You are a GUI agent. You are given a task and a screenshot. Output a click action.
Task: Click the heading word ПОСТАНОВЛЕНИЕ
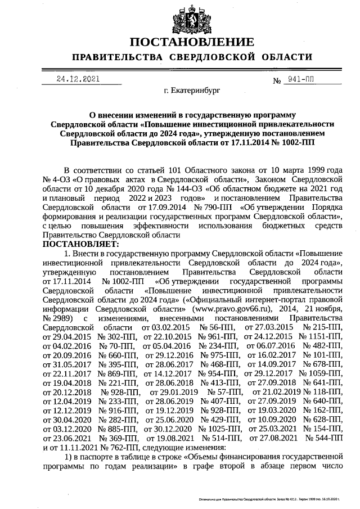[x=191, y=43]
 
